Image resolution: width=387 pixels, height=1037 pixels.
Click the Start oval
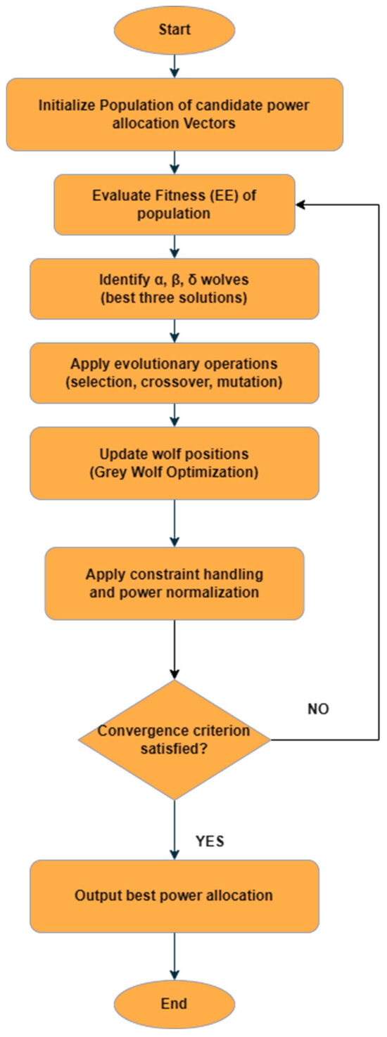point(175,30)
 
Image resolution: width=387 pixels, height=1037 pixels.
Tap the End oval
point(175,1004)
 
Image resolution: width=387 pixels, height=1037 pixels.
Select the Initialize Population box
point(175,115)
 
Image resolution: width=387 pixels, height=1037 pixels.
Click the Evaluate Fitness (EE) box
point(175,204)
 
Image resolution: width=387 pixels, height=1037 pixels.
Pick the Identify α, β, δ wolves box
point(175,288)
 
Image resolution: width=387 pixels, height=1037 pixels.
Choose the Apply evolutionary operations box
point(175,373)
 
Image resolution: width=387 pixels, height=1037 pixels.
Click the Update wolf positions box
point(175,463)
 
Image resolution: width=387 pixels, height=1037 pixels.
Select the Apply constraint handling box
point(175,584)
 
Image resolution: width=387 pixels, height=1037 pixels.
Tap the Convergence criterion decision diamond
point(175,740)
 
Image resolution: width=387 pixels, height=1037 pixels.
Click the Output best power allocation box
point(175,896)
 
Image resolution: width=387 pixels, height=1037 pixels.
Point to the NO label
point(319,709)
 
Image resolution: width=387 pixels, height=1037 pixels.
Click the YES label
point(210,841)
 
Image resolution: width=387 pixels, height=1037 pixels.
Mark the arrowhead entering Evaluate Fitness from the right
point(300,204)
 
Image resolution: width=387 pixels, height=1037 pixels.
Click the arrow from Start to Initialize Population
point(175,66)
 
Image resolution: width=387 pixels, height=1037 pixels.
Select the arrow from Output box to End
point(175,956)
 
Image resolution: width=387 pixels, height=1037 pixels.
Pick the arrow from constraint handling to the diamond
point(175,650)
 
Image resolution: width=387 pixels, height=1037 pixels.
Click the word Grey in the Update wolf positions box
point(106,472)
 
